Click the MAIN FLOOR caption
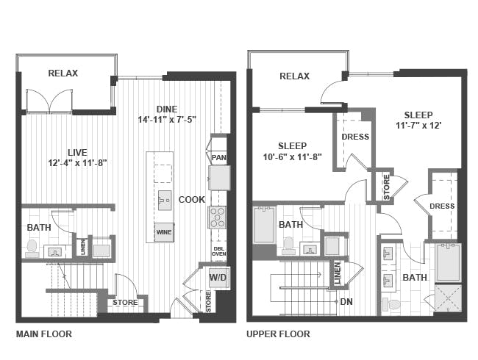click(x=43, y=334)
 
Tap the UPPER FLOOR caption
click(x=278, y=334)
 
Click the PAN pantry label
click(x=219, y=158)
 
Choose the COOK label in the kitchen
click(x=191, y=200)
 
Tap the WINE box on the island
click(x=163, y=232)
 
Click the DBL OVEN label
click(x=218, y=250)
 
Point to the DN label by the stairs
click(x=346, y=301)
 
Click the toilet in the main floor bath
click(x=32, y=248)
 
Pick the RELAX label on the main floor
click(x=63, y=73)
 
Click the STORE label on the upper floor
click(x=386, y=187)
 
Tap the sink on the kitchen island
click(x=164, y=201)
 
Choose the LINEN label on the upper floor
click(x=338, y=273)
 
